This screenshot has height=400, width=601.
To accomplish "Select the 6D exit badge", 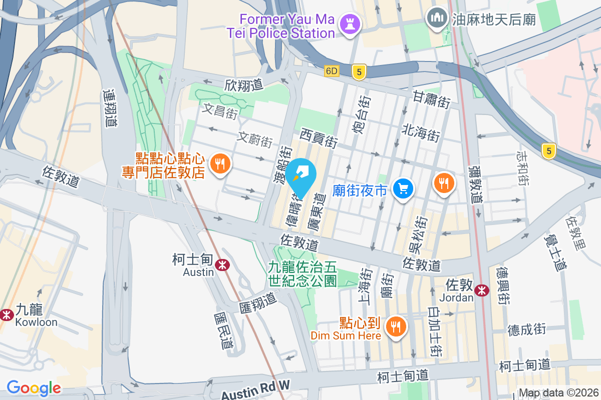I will (x=332, y=71).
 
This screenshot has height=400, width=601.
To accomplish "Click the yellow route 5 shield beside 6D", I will (x=358, y=72).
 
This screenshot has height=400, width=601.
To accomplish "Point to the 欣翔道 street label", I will (x=244, y=85).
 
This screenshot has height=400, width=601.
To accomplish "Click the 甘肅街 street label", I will (x=432, y=99).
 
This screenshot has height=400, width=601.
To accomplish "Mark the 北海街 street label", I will (x=421, y=132).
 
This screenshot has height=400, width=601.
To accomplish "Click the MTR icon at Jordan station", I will (x=482, y=289).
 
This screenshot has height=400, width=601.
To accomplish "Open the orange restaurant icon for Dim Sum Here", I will (x=396, y=327).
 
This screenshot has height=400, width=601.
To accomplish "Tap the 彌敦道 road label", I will (x=476, y=185).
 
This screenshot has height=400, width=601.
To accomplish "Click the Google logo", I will (x=34, y=388).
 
